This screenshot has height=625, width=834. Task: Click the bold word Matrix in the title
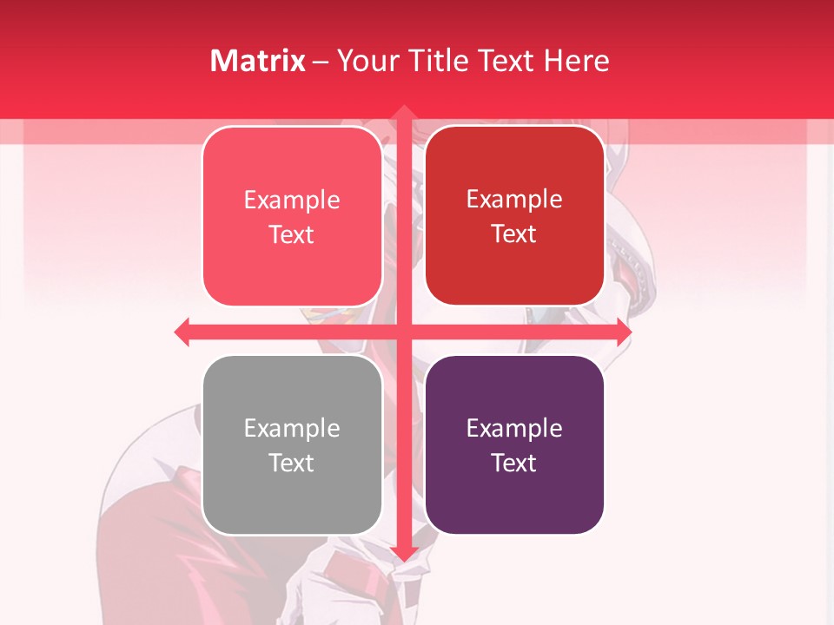[x=258, y=61]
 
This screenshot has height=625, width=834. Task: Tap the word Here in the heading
[x=576, y=61]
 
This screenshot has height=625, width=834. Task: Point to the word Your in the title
[x=365, y=61]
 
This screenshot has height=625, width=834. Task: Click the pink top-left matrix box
[x=292, y=216]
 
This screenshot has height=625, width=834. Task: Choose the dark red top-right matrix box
[x=514, y=215]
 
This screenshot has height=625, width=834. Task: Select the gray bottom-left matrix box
[x=292, y=445]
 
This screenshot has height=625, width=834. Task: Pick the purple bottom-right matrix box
[x=514, y=445]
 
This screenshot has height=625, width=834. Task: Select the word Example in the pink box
[x=292, y=201]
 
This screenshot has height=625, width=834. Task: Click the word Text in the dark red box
[x=514, y=234]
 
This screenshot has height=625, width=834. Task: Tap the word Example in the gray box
[x=292, y=429]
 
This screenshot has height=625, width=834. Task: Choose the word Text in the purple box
[x=514, y=464]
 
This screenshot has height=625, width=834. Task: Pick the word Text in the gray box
[x=292, y=464]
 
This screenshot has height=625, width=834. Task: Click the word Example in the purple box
[x=514, y=429]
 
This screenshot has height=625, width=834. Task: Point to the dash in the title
[x=321, y=62]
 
